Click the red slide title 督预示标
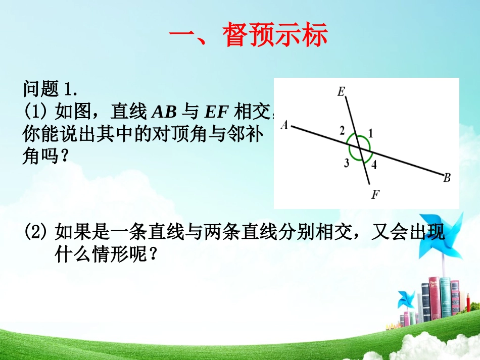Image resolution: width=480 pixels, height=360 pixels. pos(275,34)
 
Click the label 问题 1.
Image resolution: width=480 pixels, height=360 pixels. pos(50,89)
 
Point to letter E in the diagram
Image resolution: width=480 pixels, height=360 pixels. pos(341,91)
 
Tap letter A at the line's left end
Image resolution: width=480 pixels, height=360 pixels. pos(284,125)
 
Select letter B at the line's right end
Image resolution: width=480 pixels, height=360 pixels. pos(447,178)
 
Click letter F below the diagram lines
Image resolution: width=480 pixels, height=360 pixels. pos(375,194)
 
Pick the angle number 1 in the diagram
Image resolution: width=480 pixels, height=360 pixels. pos(370,134)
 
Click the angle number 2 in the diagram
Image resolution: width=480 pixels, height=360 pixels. pos(342,131)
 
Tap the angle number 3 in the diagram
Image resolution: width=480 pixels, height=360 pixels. pos(346,163)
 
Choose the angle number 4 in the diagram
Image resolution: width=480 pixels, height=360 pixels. pos(374,165)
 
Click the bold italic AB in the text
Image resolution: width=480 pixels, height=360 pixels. pos(164,112)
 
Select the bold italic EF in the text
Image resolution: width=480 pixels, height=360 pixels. pos(216,112)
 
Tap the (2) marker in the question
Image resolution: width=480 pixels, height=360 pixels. pos(35,232)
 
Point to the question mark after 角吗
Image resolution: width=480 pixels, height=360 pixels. pos(64,156)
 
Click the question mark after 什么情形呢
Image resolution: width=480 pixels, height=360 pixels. pos(153,254)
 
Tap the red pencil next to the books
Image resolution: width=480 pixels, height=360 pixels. pos(468,303)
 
